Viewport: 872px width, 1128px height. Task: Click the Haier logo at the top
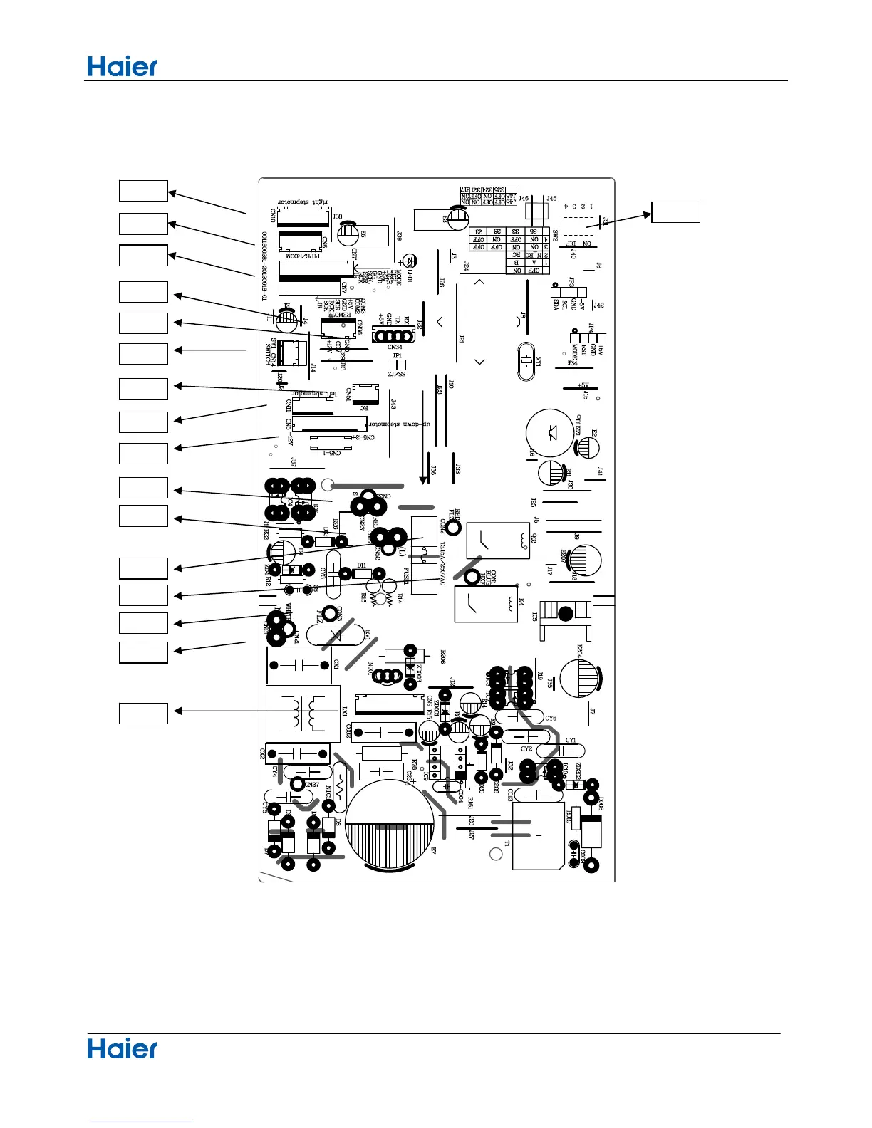pyautogui.click(x=122, y=67)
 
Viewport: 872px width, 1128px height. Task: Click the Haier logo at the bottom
pyautogui.click(x=122, y=1048)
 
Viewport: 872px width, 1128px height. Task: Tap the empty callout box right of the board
pyautogui.click(x=675, y=212)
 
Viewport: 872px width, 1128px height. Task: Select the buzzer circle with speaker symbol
pyautogui.click(x=549, y=432)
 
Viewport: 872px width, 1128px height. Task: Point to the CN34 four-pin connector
pyautogui.click(x=394, y=336)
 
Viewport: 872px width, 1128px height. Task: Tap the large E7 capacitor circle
pyautogui.click(x=391, y=824)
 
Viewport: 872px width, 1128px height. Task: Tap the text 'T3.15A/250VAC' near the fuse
pyautogui.click(x=442, y=563)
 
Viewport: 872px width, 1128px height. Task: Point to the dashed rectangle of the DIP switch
pyautogui.click(x=578, y=226)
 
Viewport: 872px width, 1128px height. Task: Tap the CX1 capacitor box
pyautogui.click(x=299, y=666)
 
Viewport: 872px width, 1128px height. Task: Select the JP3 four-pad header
pyautogui.click(x=569, y=292)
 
